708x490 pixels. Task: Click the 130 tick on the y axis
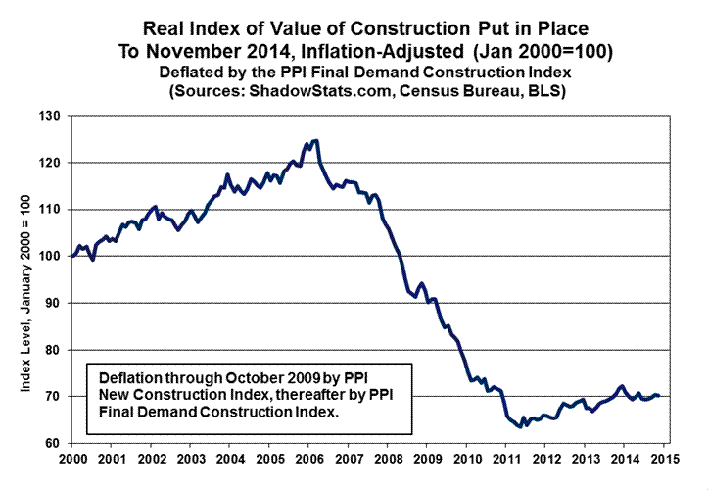coord(51,116)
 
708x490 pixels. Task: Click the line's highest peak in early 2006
coord(314,140)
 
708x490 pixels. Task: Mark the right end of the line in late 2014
coord(659,395)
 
